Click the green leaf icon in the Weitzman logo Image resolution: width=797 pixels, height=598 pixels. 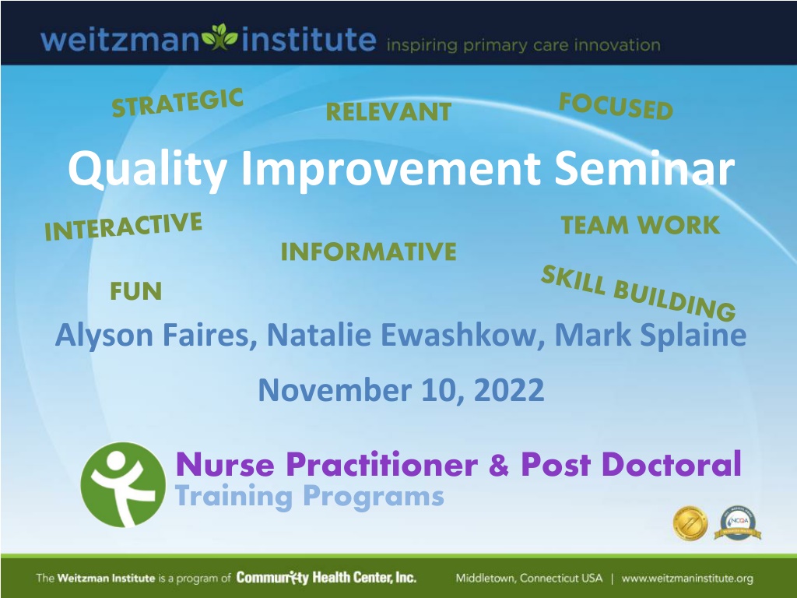tap(219, 37)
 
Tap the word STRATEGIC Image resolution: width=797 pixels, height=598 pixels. tap(177, 103)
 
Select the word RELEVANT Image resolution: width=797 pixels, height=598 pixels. tap(388, 112)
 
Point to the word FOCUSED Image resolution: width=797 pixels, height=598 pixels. tap(616, 106)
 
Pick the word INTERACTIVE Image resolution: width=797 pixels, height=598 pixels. tap(123, 227)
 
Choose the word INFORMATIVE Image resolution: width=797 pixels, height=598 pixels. tap(368, 252)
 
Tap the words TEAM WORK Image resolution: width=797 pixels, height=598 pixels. tap(641, 225)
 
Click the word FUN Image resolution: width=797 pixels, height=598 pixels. tap(135, 291)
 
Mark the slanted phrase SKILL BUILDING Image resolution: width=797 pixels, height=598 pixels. tap(638, 293)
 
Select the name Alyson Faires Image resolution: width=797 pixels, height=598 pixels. tap(156, 335)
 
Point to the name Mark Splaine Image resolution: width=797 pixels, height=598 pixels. tap(651, 335)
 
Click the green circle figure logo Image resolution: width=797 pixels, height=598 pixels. tap(123, 484)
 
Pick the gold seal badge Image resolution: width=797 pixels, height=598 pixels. tap(690, 522)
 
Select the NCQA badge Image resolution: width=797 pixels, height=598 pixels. tap(738, 522)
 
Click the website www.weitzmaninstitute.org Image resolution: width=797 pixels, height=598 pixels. tap(687, 579)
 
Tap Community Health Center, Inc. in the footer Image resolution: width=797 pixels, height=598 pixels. tap(326, 578)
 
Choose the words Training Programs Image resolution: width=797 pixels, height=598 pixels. tap(310, 496)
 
